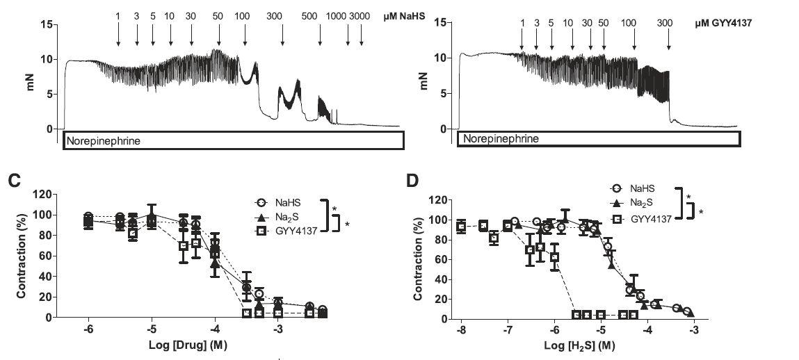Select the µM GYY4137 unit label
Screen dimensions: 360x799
[x=723, y=23]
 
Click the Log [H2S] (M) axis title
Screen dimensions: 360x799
[x=578, y=346]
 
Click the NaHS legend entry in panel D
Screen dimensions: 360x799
[x=646, y=188]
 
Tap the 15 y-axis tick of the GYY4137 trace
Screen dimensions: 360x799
[x=439, y=23]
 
